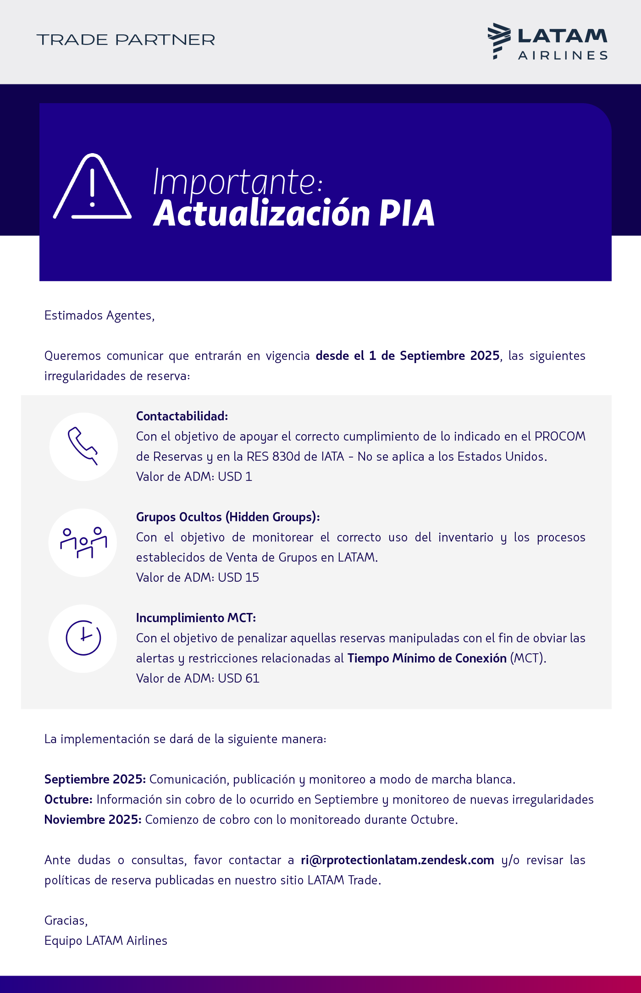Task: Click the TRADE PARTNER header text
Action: [126, 40]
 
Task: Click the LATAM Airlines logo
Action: [547, 41]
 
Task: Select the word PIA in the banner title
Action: [407, 214]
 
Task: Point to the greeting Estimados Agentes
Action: [99, 315]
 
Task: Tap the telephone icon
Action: [83, 446]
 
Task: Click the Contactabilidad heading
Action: [182, 416]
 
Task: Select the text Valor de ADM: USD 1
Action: [194, 477]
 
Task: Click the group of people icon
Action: [83, 542]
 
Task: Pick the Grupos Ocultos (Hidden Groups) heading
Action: [228, 517]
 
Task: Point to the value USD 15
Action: [238, 578]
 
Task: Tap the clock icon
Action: [83, 638]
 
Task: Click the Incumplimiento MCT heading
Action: [196, 618]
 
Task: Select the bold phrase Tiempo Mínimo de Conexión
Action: [426, 658]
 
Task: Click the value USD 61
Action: [238, 679]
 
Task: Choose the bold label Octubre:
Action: [69, 800]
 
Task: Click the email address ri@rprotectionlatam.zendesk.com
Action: [397, 860]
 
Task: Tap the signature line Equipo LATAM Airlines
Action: [106, 941]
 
